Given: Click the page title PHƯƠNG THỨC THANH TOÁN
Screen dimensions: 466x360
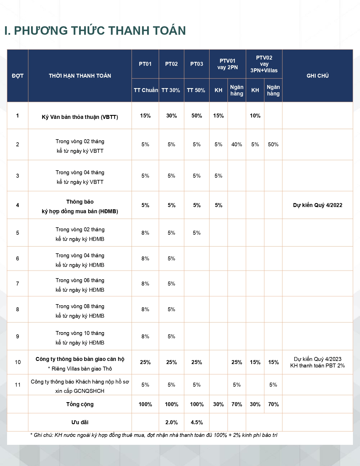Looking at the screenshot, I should (95, 31).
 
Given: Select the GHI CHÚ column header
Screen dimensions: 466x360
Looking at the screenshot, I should (317, 76).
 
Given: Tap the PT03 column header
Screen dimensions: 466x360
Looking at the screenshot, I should (197, 64).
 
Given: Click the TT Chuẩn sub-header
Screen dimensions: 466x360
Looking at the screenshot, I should (145, 90).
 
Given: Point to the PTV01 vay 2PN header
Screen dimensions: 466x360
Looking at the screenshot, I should (227, 64).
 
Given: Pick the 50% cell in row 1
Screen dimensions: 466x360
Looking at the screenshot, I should (197, 116).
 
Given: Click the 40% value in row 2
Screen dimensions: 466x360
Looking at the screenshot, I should (237, 144).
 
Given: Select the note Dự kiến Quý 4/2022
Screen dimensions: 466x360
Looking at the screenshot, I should (317, 205).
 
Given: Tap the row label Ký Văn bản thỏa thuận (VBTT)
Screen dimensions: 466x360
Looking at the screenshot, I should (80, 117).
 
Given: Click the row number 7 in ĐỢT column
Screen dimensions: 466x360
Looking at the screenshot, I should (18, 284).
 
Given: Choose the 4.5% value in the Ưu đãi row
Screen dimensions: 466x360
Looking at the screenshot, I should (197, 422).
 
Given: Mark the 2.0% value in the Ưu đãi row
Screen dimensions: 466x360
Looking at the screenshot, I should (171, 422).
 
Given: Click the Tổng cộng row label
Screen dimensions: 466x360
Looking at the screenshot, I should (80, 404).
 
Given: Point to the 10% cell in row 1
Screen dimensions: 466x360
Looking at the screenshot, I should (255, 116).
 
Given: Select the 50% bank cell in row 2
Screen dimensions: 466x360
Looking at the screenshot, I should (273, 144).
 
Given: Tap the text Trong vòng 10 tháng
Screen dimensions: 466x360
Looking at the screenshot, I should (80, 333).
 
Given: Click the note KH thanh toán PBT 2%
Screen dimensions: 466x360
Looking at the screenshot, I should (317, 365).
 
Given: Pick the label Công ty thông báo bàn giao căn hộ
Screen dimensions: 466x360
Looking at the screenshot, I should (80, 359).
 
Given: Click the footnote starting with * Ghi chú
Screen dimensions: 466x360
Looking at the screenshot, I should (154, 435).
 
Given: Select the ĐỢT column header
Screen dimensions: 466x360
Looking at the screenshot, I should (18, 76).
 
